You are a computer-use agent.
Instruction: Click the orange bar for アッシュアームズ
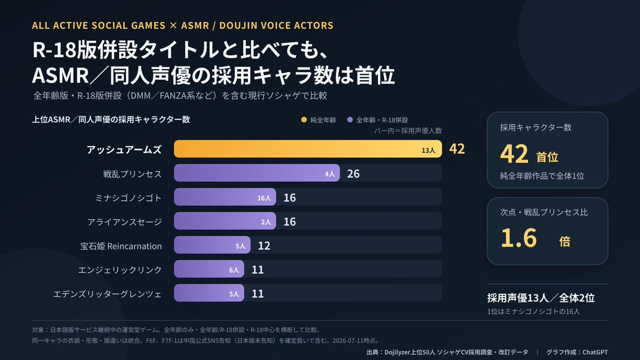click(308, 149)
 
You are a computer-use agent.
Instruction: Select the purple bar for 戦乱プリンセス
click(257, 173)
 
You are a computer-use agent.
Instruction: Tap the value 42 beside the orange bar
click(457, 149)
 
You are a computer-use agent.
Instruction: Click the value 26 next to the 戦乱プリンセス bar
click(354, 174)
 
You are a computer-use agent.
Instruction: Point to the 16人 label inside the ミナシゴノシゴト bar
click(264, 198)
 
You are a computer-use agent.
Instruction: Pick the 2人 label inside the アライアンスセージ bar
click(266, 222)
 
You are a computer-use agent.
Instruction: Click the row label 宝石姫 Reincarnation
click(121, 246)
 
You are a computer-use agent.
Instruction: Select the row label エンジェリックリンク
click(120, 270)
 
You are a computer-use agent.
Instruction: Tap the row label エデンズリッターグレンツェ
click(107, 294)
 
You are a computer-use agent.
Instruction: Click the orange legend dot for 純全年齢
click(304, 119)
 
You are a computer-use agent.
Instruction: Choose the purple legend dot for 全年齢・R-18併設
click(350, 119)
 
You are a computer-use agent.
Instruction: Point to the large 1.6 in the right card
click(519, 238)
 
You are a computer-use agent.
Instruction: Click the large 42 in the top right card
click(514, 154)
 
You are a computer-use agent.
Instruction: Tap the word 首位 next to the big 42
click(547, 157)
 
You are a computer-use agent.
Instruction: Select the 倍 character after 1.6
click(565, 242)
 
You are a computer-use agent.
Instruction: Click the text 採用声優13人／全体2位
click(541, 298)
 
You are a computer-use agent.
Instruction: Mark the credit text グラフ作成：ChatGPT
click(577, 352)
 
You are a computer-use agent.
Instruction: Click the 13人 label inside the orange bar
click(428, 150)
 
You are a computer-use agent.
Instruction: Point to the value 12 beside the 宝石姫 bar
click(264, 246)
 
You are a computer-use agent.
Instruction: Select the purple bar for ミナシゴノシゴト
click(225, 197)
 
